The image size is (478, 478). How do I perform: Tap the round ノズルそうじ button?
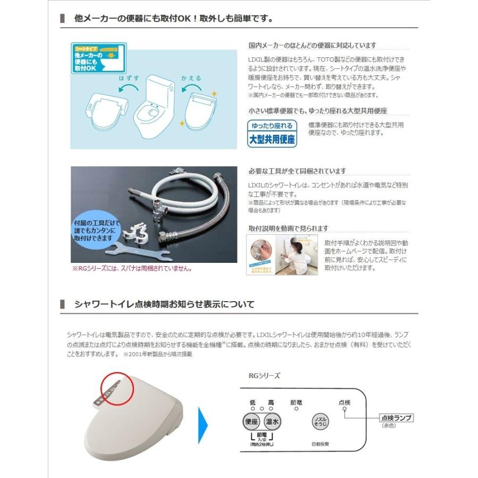click(320, 423)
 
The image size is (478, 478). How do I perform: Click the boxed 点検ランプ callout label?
click(396, 418)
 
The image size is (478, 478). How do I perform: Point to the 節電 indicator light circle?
click(296, 409)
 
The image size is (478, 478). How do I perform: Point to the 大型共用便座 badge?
click(272, 134)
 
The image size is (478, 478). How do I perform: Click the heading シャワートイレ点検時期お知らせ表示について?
click(164, 304)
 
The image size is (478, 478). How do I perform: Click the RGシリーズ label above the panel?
click(264, 375)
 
